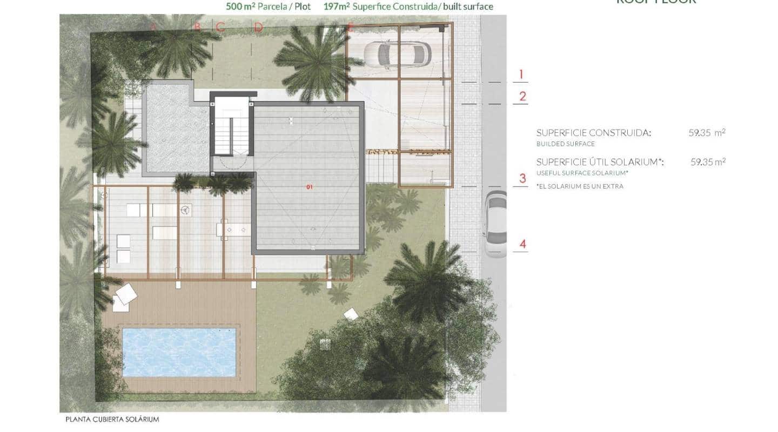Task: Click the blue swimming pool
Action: click(x=178, y=352)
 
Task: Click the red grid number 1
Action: click(x=521, y=75)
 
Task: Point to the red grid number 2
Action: click(x=522, y=97)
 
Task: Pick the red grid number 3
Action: click(x=522, y=179)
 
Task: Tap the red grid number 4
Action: click(x=522, y=244)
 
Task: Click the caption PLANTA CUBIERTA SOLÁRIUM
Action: click(x=112, y=419)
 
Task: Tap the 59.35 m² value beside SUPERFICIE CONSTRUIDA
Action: click(x=707, y=132)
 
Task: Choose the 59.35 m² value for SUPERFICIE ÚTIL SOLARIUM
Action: click(x=708, y=161)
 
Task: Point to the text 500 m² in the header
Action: click(x=237, y=7)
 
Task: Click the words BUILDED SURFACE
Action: click(x=565, y=144)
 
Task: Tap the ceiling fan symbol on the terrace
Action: click(x=186, y=210)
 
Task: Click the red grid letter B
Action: click(x=197, y=27)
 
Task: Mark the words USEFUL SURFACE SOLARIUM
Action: click(x=583, y=173)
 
